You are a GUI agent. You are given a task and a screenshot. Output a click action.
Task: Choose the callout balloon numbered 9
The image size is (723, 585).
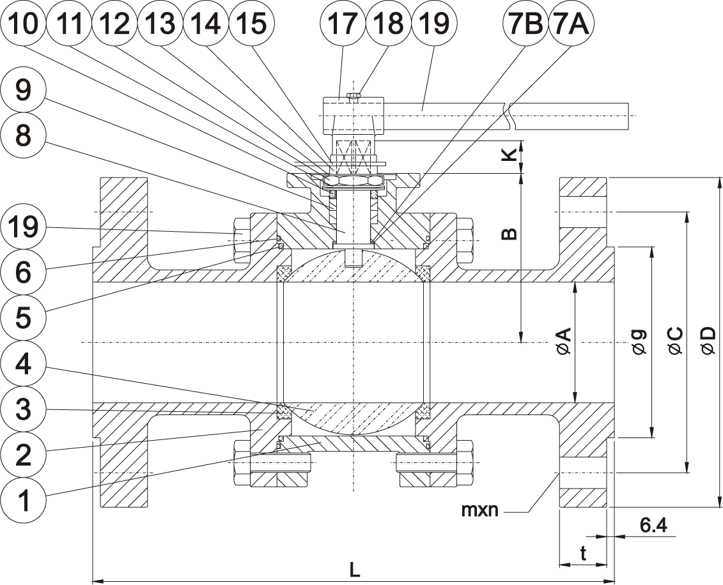coord(24,91)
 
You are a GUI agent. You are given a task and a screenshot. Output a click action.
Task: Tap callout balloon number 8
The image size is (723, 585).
coord(24,135)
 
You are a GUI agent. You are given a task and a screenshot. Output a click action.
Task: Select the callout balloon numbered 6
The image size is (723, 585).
coord(24,272)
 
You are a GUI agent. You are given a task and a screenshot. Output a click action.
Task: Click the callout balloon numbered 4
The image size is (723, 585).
coord(24,365)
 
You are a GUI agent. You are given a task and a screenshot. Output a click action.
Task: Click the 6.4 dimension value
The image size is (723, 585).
coord(653,526)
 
